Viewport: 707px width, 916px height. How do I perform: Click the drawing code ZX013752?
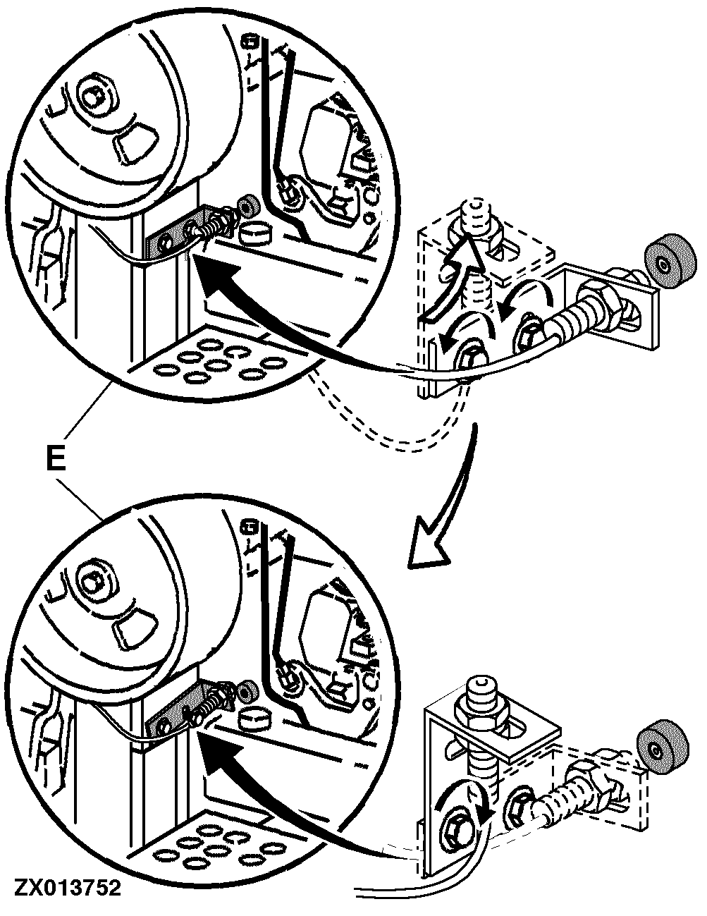tap(64, 885)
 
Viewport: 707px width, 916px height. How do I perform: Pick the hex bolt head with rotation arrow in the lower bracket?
tap(455, 821)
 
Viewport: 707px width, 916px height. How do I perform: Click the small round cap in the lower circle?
tap(253, 719)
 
